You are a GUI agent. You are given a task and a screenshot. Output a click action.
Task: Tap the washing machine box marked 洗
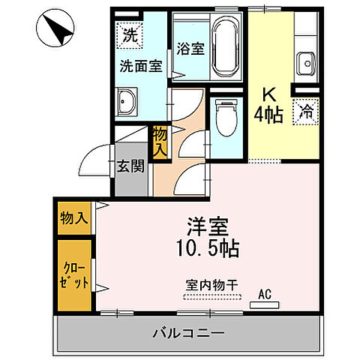(x=130, y=34)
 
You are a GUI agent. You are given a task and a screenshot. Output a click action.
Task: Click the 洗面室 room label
(x=140, y=66)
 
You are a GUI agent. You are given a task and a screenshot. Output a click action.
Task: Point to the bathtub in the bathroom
(x=224, y=46)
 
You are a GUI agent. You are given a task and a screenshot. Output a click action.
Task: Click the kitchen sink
(x=306, y=61)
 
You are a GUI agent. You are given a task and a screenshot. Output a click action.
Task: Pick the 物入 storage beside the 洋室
(x=73, y=218)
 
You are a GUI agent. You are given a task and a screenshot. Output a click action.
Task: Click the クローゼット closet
(x=73, y=274)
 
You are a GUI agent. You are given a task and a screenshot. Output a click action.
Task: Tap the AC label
(x=265, y=293)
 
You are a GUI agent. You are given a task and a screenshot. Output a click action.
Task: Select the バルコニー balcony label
(x=190, y=331)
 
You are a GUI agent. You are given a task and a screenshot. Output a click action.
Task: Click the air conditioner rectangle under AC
(x=265, y=305)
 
